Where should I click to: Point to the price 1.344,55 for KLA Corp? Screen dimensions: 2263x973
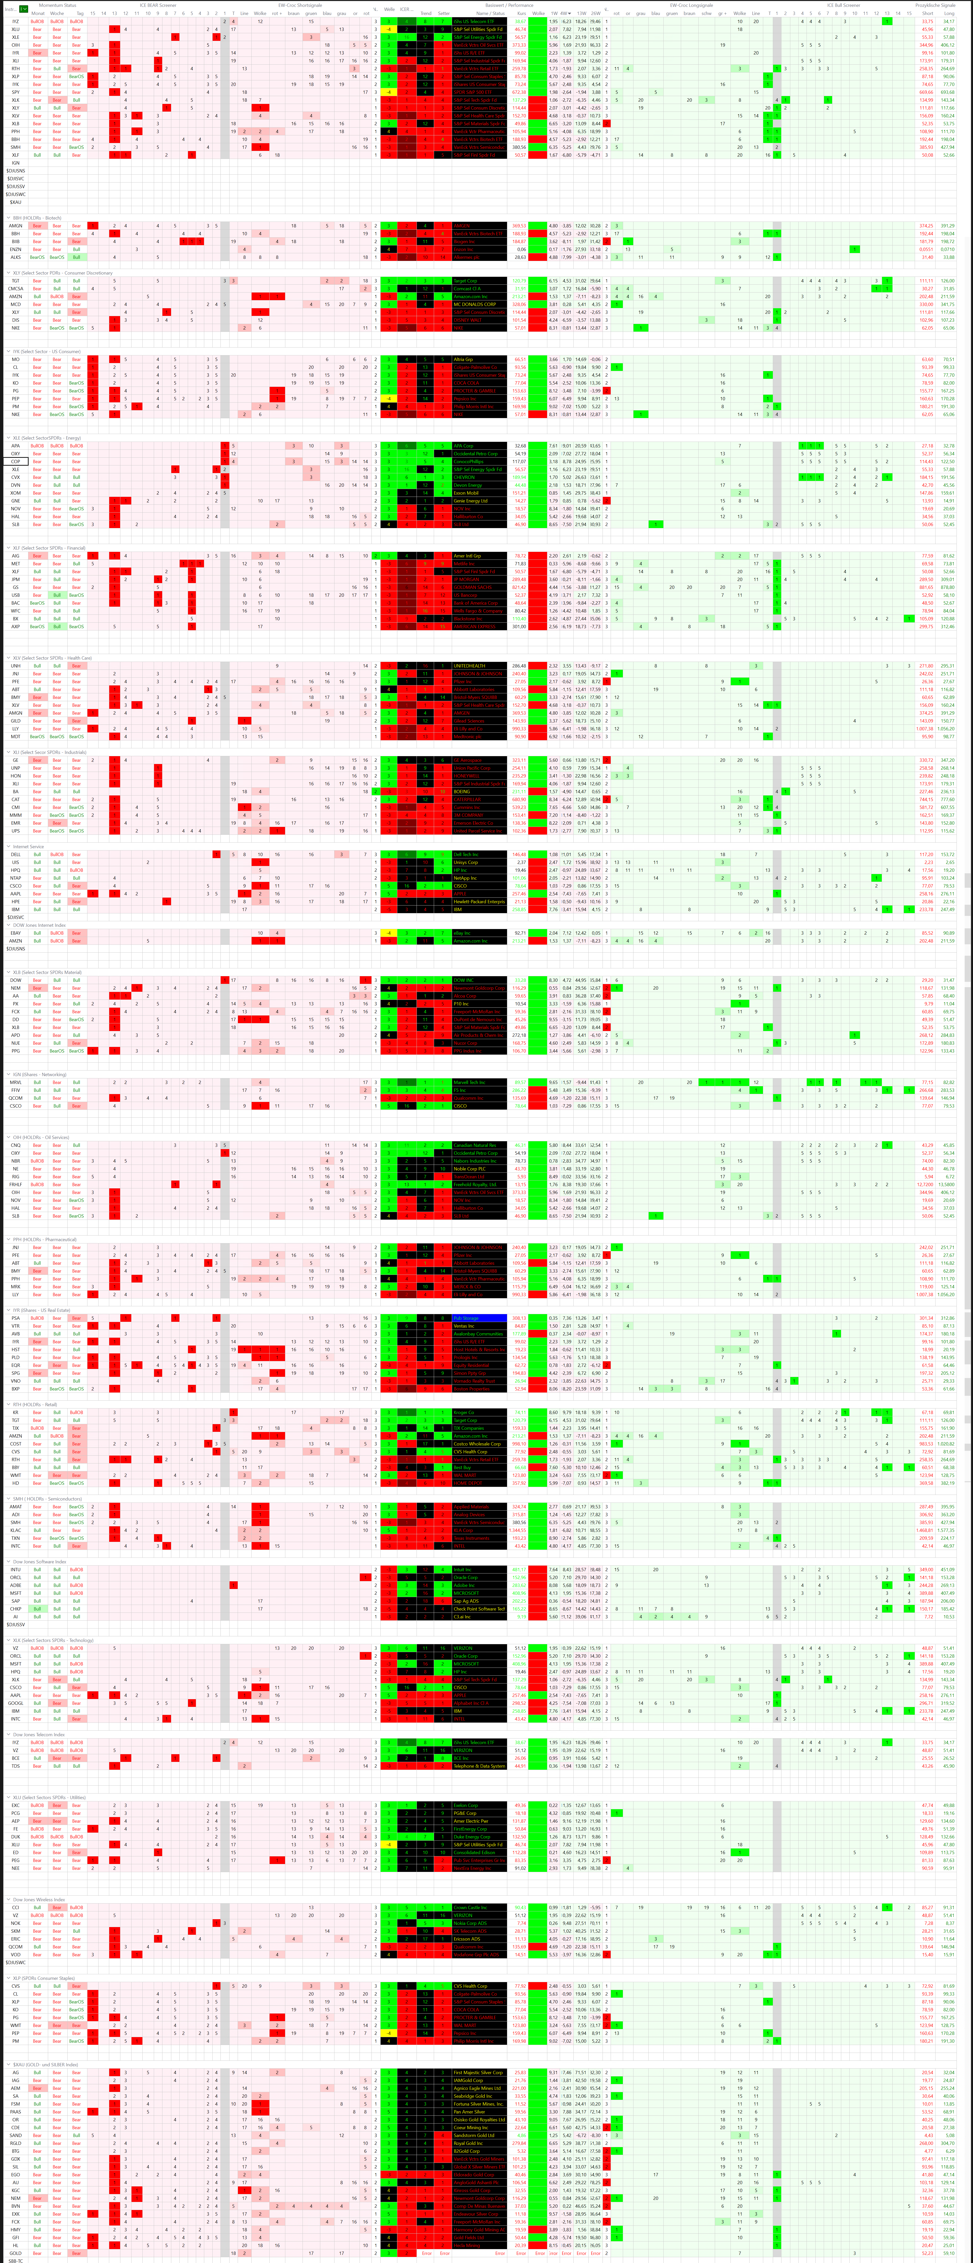point(518,1529)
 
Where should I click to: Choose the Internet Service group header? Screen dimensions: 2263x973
point(28,847)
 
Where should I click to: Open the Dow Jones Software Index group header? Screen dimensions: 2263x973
point(40,1562)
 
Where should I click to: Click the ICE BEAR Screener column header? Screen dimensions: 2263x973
point(158,5)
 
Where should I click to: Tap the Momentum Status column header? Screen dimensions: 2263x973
point(57,5)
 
